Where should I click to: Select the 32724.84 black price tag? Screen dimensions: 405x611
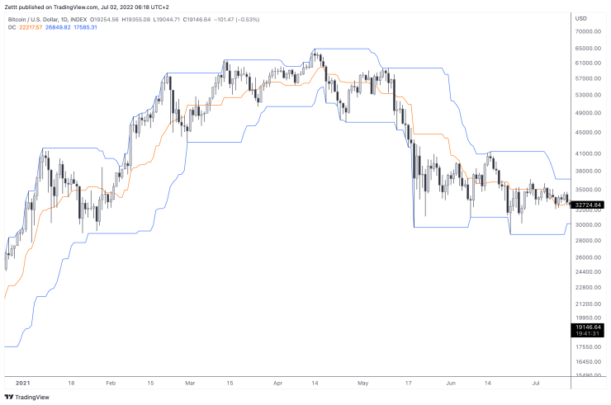tap(589, 205)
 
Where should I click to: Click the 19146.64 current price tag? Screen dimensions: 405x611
tap(589, 327)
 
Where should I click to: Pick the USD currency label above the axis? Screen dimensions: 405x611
tap(580, 17)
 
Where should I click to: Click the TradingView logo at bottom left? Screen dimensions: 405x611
tap(26, 397)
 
